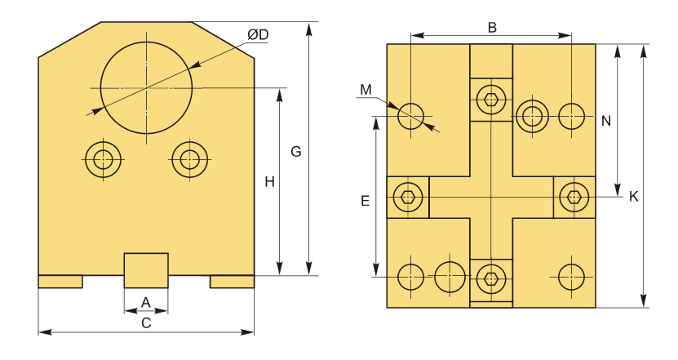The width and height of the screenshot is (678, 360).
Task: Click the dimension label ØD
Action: tap(259, 34)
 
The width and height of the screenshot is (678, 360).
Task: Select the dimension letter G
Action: tap(296, 152)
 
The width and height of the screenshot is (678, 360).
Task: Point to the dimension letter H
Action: tap(269, 181)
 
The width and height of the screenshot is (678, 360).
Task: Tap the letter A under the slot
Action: tap(145, 302)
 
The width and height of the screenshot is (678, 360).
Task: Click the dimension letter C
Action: tap(146, 322)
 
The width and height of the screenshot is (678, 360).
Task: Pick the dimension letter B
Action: tap(492, 27)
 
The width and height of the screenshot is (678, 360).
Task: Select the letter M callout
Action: tap(366, 89)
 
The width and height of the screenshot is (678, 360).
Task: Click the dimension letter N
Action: tap(605, 121)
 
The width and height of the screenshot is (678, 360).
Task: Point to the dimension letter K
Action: tap(633, 197)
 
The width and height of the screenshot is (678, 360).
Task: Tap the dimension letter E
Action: tap(365, 200)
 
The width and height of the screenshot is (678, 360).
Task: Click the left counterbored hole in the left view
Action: tap(103, 158)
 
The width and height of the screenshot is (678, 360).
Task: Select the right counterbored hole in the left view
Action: tap(190, 158)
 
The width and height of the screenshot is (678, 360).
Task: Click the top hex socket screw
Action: tap(491, 100)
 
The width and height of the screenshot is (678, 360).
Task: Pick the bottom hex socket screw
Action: tap(491, 278)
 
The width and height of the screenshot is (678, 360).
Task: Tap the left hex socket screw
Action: tap(407, 197)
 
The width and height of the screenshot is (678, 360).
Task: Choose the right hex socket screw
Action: tap(574, 197)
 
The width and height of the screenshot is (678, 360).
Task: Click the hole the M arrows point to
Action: tap(410, 116)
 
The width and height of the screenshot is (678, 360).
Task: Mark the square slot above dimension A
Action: tap(146, 270)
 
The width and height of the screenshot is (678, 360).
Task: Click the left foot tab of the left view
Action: tap(60, 282)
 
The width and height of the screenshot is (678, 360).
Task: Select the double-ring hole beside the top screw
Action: tap(533, 116)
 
